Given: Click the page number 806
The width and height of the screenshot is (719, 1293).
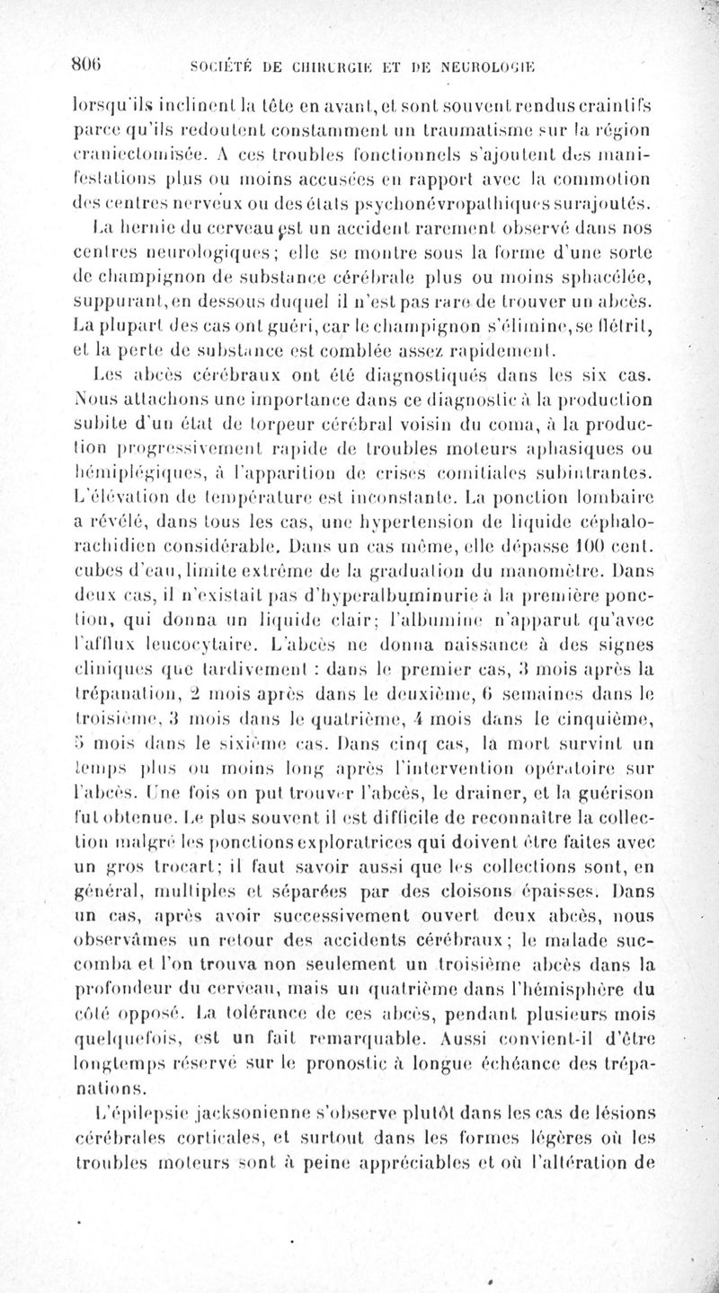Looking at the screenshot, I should pyautogui.click(x=88, y=66).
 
